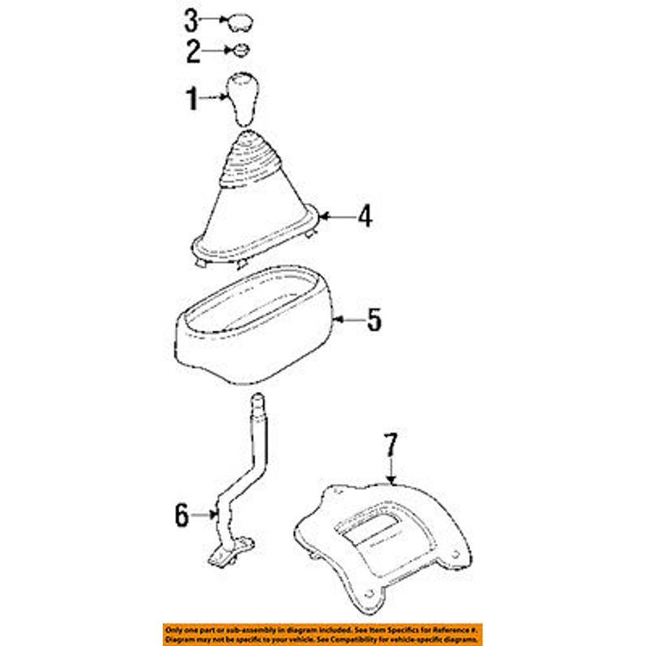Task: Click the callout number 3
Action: [191, 21]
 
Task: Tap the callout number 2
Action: [193, 52]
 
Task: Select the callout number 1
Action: [192, 99]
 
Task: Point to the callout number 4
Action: [365, 216]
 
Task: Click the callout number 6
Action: [182, 515]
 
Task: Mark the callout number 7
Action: [391, 445]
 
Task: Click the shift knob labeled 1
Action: [243, 99]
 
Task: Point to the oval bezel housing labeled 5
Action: [254, 326]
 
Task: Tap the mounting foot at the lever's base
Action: [231, 553]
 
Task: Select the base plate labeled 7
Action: [383, 548]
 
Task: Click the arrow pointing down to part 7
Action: [391, 470]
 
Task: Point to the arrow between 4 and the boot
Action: [339, 216]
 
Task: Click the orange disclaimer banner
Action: [322, 635]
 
